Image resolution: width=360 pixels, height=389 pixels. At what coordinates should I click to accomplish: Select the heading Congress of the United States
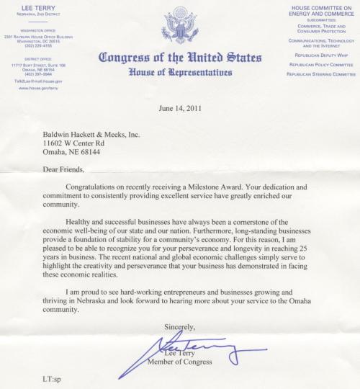tap(179, 58)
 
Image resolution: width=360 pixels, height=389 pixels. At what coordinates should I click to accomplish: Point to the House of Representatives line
tap(179, 72)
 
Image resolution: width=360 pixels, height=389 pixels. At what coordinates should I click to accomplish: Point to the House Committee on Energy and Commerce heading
tap(320, 9)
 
